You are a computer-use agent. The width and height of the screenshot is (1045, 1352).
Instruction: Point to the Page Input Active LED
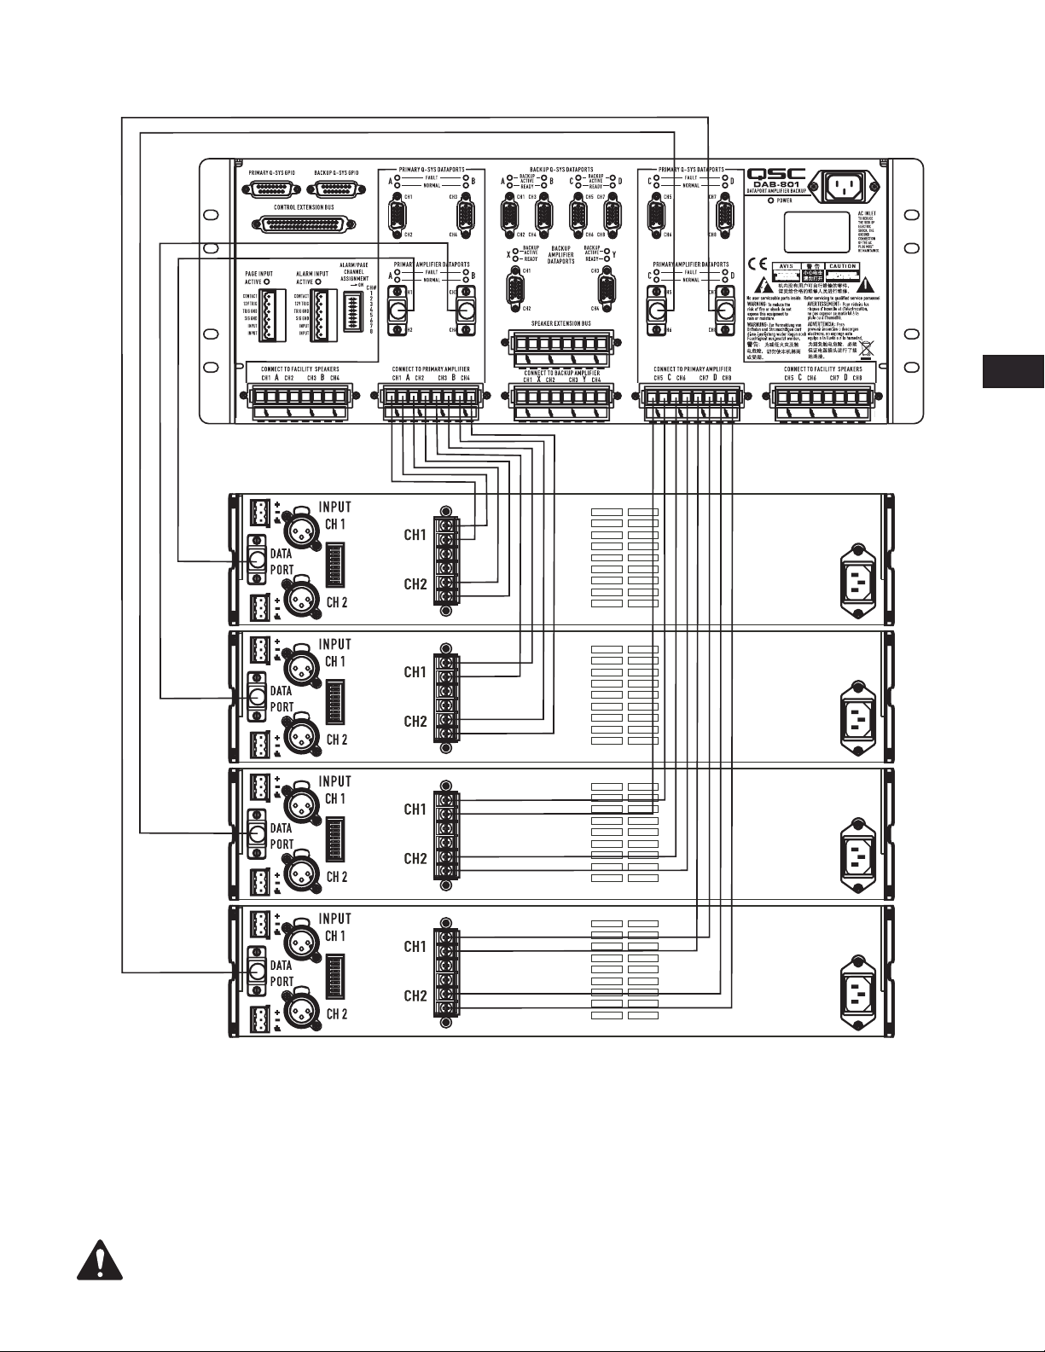pyautogui.click(x=268, y=281)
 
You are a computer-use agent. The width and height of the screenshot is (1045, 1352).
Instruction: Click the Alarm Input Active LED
pyautogui.click(x=318, y=281)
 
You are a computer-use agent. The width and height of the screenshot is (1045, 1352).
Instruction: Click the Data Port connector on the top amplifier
pyautogui.click(x=257, y=560)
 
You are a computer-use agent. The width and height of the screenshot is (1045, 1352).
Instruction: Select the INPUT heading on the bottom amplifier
pyautogui.click(x=334, y=919)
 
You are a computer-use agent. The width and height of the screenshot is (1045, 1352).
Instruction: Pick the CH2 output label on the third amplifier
pyautogui.click(x=415, y=859)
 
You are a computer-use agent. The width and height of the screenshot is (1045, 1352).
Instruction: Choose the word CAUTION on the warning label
pyautogui.click(x=843, y=267)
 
